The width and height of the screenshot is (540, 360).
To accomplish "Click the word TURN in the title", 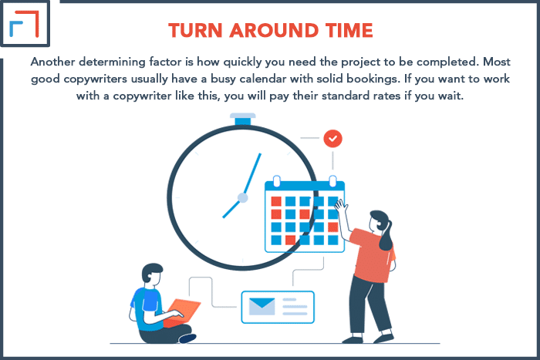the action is click(195, 30).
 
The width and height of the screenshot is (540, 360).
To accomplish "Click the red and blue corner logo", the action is click(25, 23).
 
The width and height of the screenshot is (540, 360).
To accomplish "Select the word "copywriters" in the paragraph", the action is click(96, 79).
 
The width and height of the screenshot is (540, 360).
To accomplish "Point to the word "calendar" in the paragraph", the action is click(263, 79).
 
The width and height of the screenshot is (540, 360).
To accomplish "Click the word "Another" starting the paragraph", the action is click(53, 62).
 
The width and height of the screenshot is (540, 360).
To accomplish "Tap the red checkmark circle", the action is click(332, 138).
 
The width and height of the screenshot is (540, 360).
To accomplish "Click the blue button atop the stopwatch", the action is click(243, 119).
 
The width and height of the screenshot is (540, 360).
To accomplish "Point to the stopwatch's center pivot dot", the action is click(243, 198).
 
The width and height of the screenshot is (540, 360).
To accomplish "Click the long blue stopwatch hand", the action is click(252, 173).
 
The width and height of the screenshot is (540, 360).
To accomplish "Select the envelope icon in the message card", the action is click(262, 306).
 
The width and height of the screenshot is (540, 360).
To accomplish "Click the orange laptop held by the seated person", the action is click(181, 312).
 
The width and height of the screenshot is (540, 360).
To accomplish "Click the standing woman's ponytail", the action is click(386, 237).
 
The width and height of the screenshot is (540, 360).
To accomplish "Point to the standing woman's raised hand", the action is click(341, 207).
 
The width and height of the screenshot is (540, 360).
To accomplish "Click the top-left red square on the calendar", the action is click(276, 201).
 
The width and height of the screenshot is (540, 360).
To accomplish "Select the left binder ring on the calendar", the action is click(276, 180).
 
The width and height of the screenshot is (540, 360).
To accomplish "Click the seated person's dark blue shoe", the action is click(187, 338).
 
